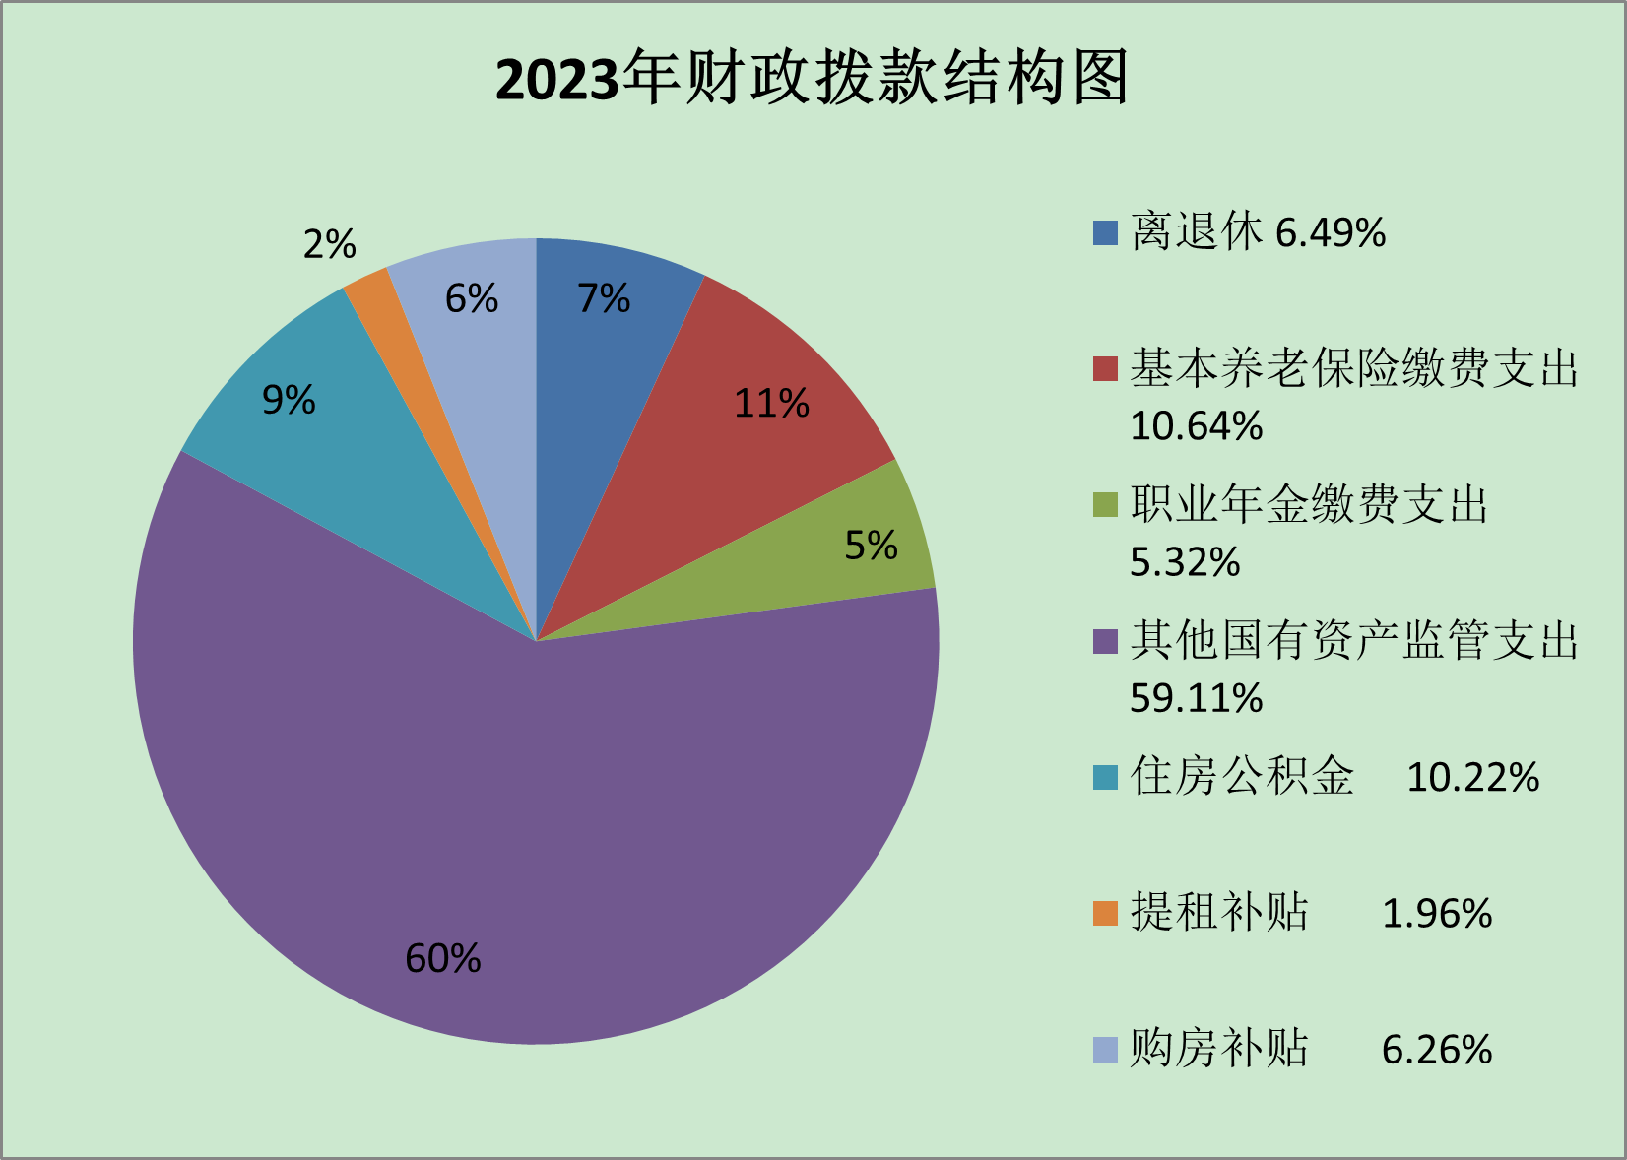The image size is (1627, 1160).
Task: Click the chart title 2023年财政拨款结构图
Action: (812, 78)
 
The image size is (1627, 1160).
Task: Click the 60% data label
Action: (443, 958)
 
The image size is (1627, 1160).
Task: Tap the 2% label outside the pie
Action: (329, 244)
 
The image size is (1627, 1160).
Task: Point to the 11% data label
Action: (771, 403)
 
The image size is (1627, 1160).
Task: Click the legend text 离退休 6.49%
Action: (1258, 232)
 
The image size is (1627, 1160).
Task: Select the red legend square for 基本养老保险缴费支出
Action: (1105, 368)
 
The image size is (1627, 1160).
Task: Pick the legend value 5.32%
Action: (1185, 562)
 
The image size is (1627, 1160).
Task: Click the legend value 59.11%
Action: (1196, 698)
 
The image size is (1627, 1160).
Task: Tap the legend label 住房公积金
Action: (1242, 776)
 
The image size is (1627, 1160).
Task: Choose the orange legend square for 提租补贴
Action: (1105, 913)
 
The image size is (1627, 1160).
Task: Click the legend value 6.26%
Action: (1437, 1050)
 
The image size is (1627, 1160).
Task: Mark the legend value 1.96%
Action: (1437, 914)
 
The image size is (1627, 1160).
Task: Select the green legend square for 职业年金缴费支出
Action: (1105, 504)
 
